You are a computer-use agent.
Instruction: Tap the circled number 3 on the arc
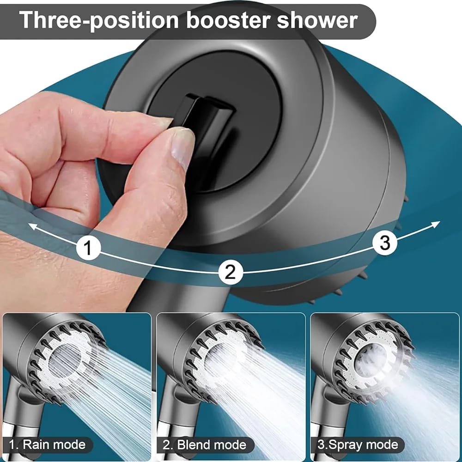point(385,242)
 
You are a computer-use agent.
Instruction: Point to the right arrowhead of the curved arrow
point(436,224)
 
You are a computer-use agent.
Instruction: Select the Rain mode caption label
point(48,445)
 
